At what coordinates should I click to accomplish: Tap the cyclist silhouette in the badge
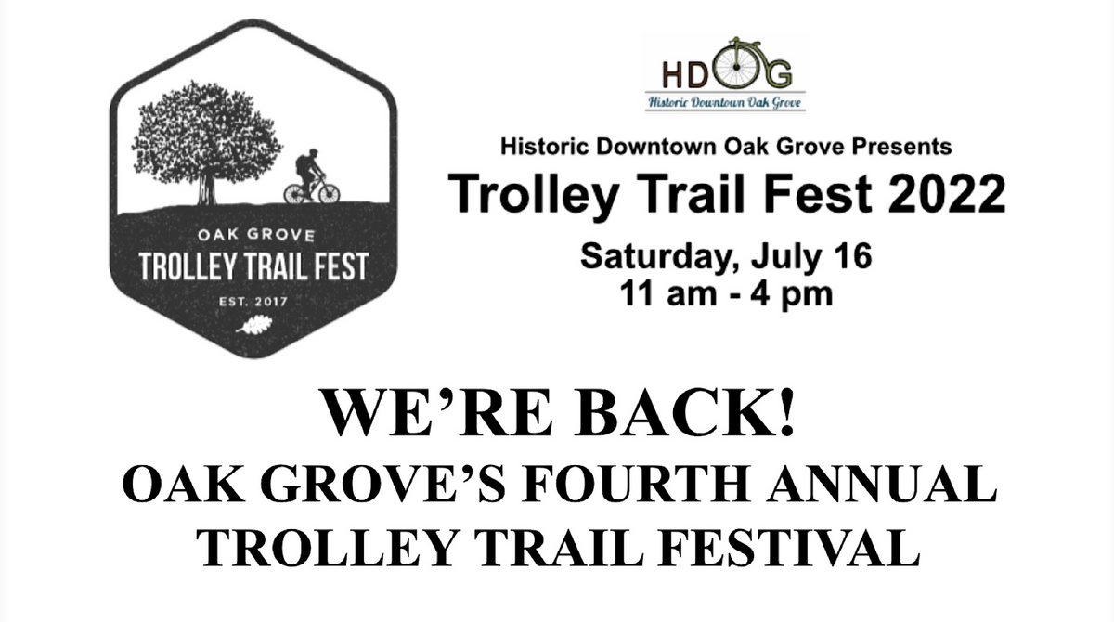click(312, 176)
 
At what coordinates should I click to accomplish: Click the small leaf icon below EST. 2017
click(253, 325)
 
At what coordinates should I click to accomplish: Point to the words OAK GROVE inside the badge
click(253, 235)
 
